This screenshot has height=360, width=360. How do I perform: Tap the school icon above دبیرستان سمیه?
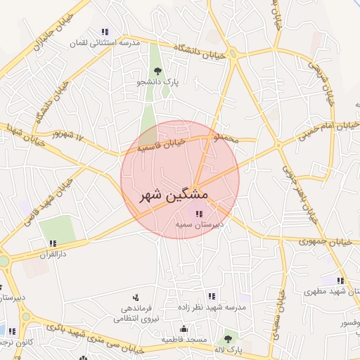click(x=199, y=214)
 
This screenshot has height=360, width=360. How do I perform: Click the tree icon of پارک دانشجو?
click(x=157, y=71)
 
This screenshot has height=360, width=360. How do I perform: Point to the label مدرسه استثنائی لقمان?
click(x=105, y=43)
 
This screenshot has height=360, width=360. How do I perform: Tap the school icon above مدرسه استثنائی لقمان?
click(x=105, y=32)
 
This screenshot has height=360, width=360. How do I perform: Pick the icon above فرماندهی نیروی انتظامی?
click(x=136, y=298)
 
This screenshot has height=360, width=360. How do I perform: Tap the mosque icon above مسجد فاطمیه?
click(x=184, y=328)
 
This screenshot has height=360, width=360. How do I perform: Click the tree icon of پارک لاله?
click(x=226, y=337)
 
